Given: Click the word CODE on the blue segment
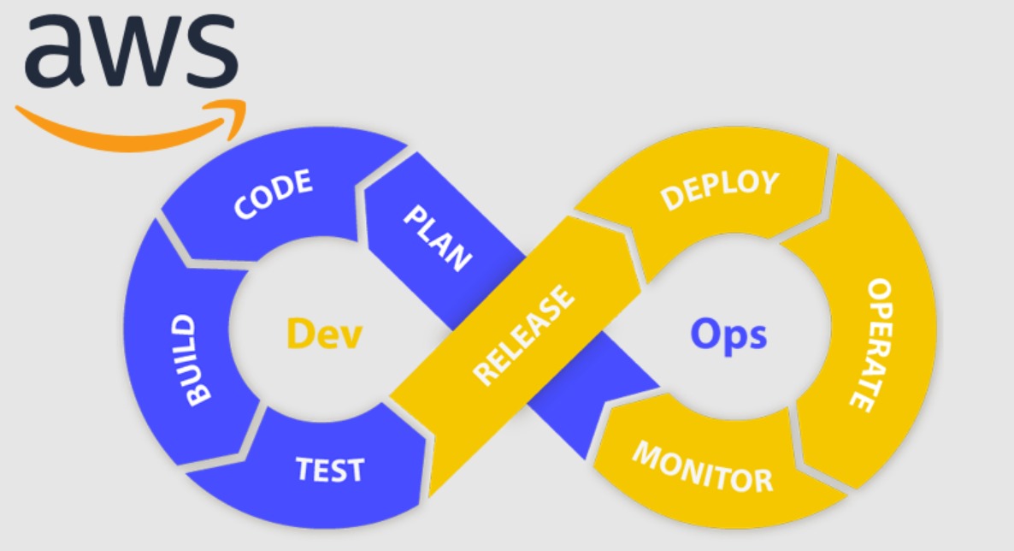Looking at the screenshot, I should [x=273, y=195].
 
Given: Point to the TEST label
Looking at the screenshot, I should [x=330, y=469].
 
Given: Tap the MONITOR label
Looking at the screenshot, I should [x=702, y=468].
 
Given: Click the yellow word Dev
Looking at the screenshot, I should [x=324, y=334].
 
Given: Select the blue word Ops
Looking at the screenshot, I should [x=728, y=335].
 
